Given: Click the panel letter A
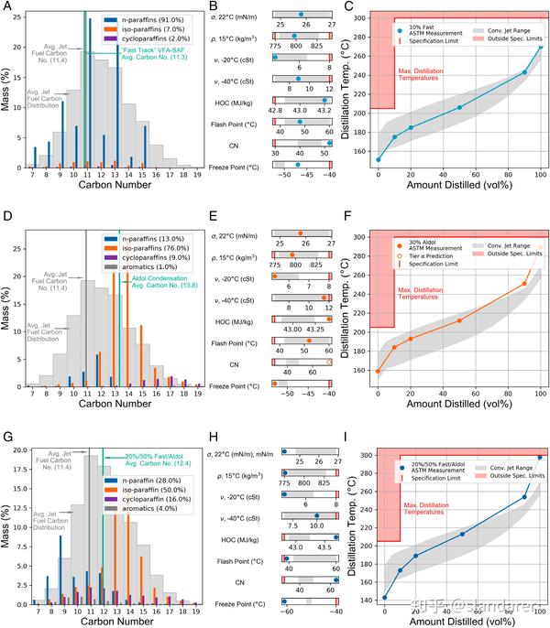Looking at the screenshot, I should click(6, 7).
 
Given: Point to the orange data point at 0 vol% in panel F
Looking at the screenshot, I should click(378, 371).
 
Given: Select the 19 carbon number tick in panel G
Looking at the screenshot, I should click(197, 612).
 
